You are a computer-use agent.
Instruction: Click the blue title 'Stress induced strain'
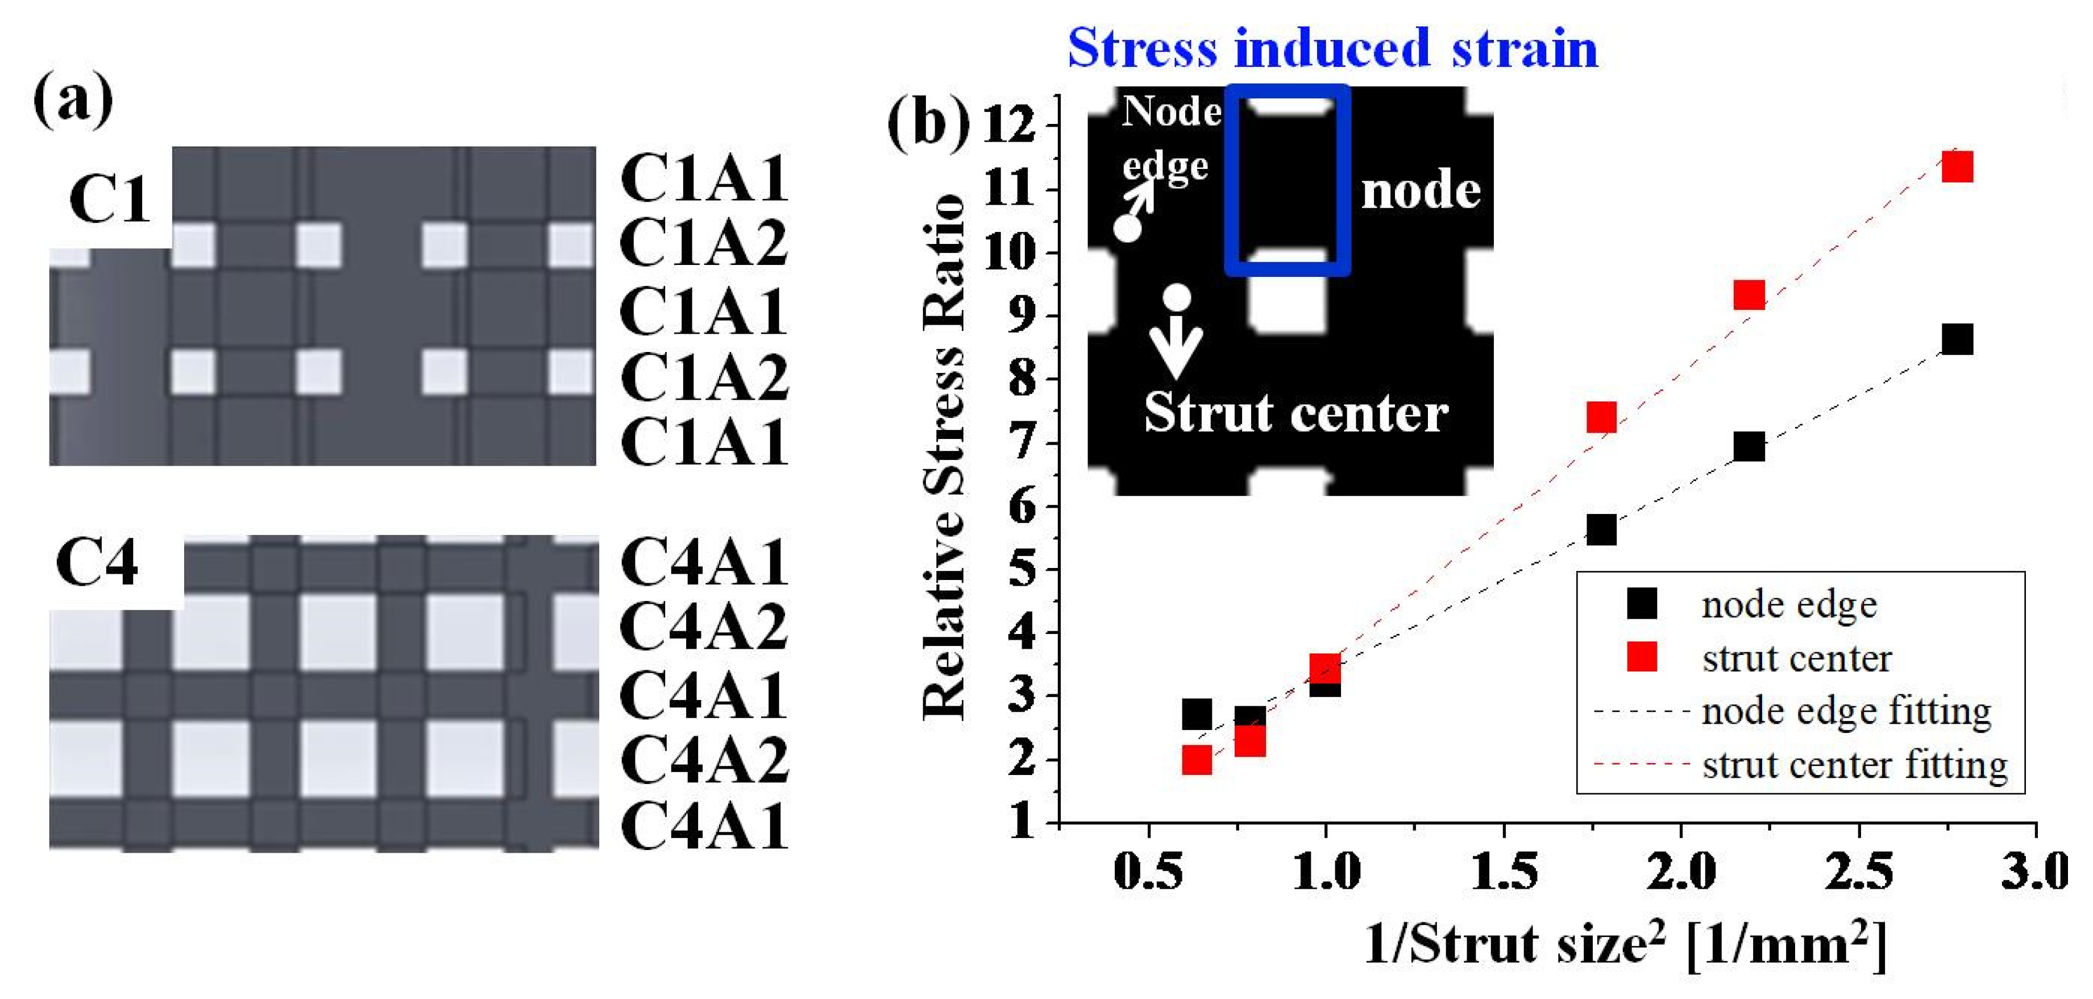click(1332, 47)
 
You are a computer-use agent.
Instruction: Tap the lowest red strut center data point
click(1197, 760)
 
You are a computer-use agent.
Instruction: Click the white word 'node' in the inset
click(1420, 192)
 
